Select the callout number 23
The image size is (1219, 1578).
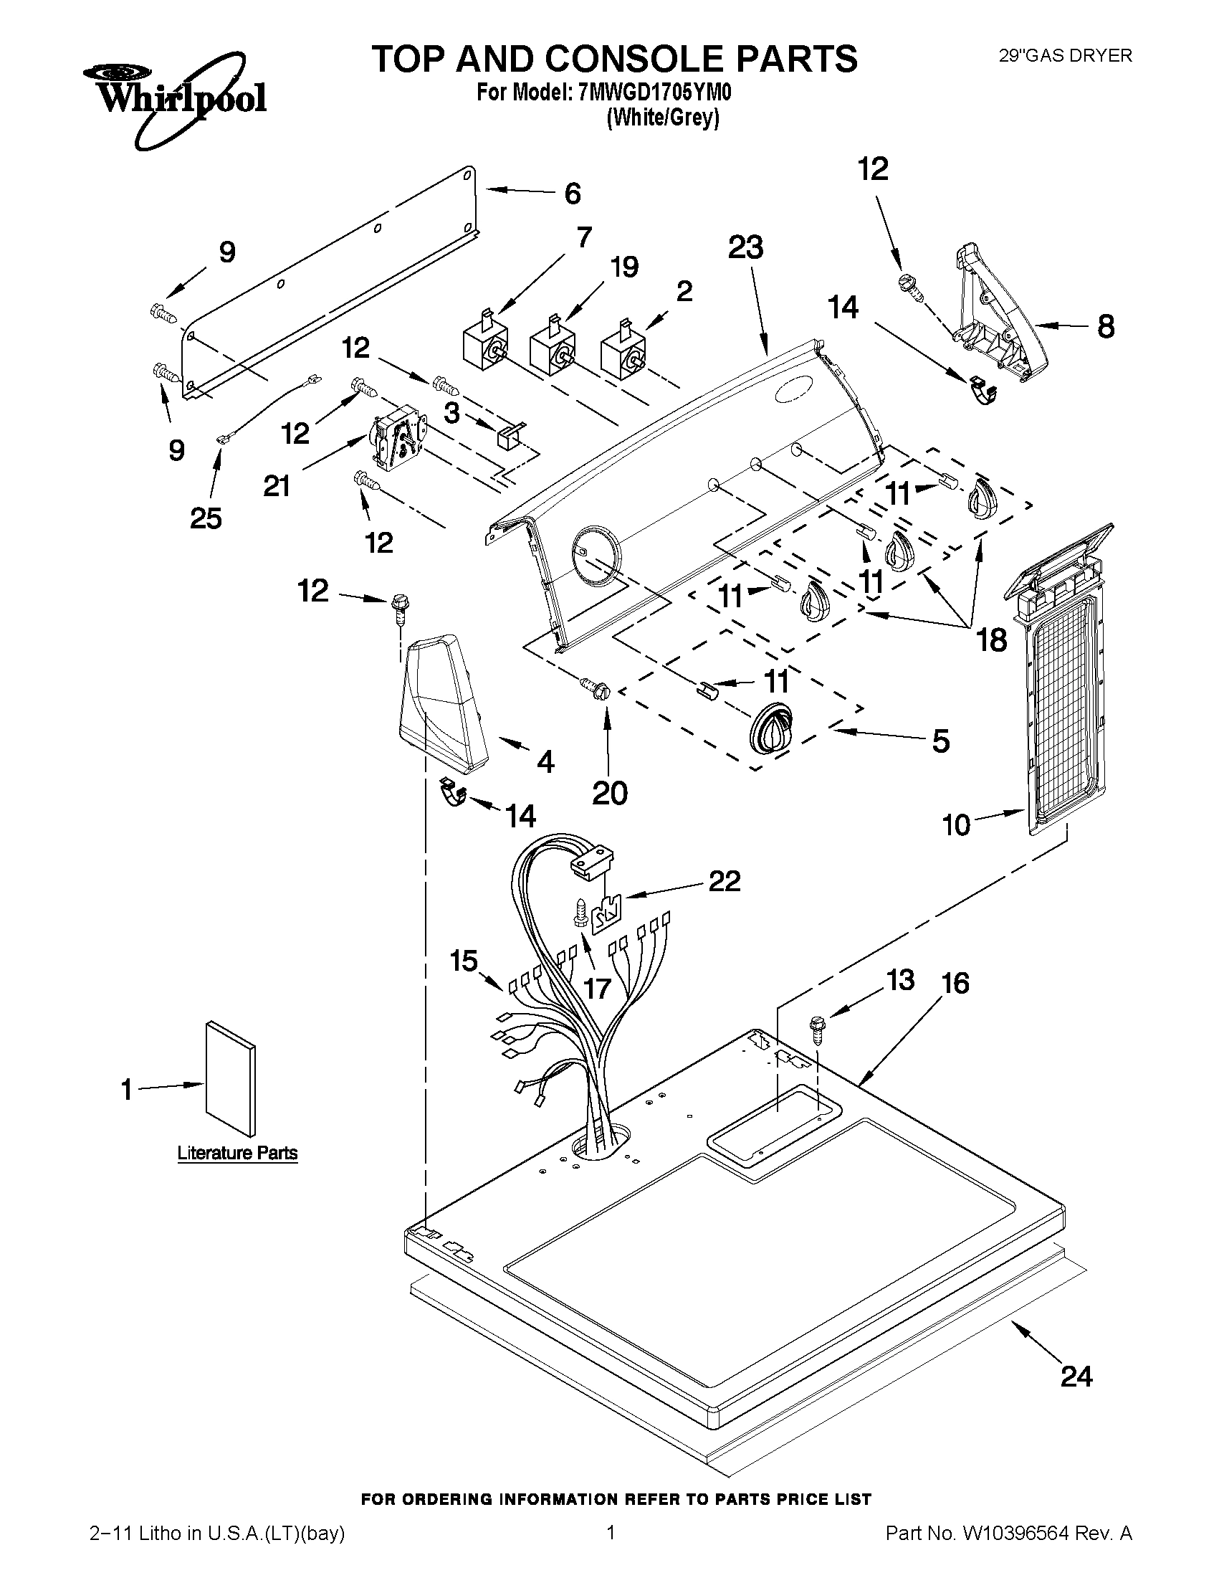[x=745, y=248]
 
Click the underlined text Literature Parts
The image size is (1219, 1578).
[x=238, y=1152]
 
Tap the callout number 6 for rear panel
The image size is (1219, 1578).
[x=572, y=193]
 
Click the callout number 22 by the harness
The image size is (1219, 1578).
[x=725, y=880]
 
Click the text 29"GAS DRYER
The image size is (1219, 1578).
[x=1065, y=56]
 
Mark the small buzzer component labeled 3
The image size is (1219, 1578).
[x=507, y=436]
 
